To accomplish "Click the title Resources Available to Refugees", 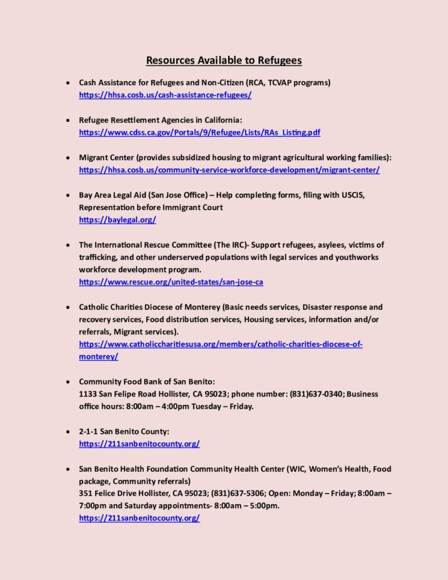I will coord(224,60).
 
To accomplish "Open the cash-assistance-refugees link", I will coord(165,95).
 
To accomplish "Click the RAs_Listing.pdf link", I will coord(199,133).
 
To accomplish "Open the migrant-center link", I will coord(229,170).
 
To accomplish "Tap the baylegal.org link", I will coord(117,220).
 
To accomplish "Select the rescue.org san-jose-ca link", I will coord(171,282).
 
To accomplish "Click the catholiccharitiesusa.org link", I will coord(220,344).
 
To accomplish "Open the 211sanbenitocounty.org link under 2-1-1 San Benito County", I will coord(139,444).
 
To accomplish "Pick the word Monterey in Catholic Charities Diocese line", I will coord(203,307).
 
